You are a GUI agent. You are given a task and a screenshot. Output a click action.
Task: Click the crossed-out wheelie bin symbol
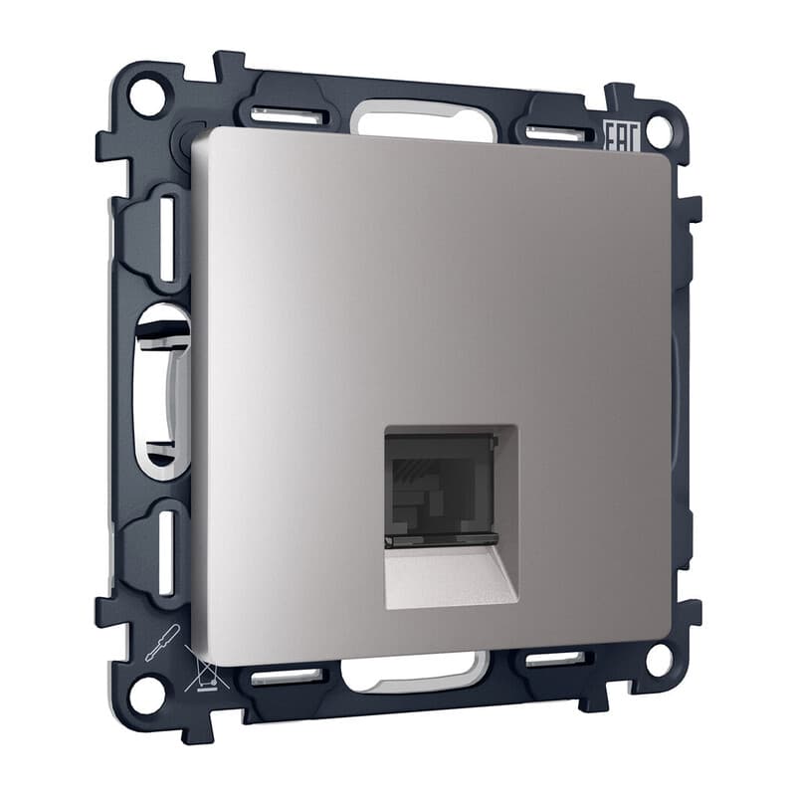205,673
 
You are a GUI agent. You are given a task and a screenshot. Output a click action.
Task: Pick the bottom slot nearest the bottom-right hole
554,659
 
